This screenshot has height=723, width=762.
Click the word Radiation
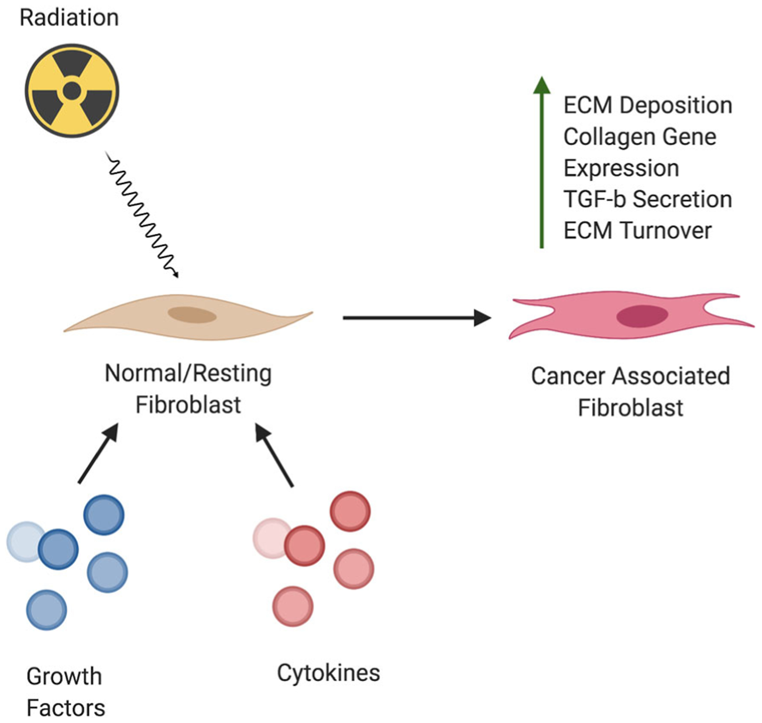point(69,18)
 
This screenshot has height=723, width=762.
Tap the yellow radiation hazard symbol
point(72,91)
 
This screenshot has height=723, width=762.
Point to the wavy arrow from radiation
point(141,214)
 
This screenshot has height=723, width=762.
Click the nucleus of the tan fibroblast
point(192,315)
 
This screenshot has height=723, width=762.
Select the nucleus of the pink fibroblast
point(642,316)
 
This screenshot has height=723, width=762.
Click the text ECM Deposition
point(648,106)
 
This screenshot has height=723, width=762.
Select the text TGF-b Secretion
point(648,199)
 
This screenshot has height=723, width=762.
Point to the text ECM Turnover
point(637,231)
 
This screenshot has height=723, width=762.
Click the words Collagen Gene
point(640,137)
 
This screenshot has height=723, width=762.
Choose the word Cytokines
point(328,673)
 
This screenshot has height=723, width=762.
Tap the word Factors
point(66,708)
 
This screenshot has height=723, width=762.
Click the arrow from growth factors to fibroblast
point(98,454)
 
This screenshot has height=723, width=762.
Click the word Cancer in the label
point(568,376)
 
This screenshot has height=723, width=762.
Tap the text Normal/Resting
point(188,374)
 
